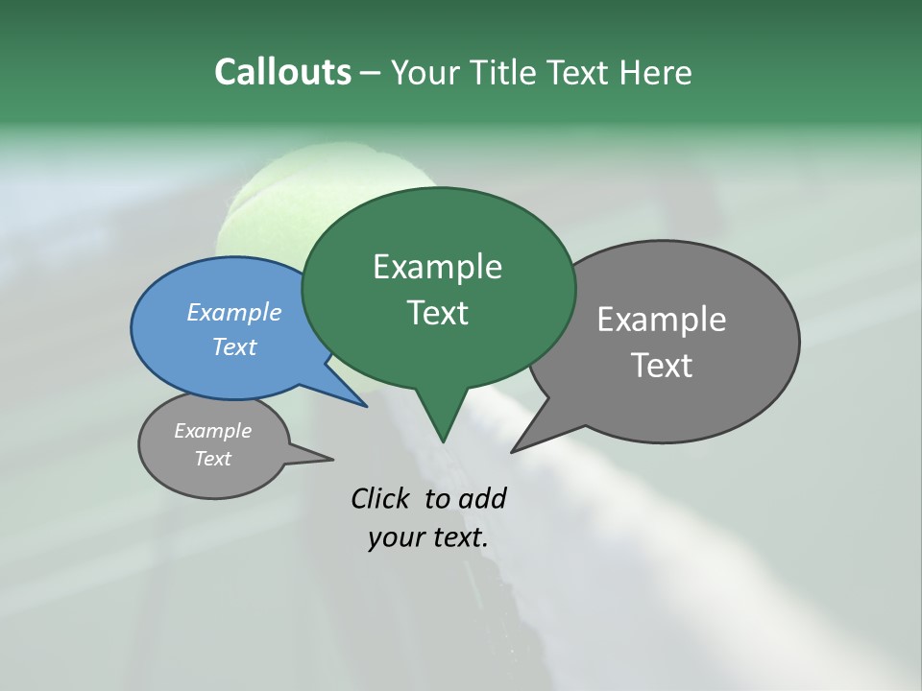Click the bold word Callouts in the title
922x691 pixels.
click(282, 72)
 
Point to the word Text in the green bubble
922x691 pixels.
click(437, 313)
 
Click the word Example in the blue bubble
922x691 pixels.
click(233, 312)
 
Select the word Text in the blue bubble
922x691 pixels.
click(233, 346)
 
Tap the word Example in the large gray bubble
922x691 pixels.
click(661, 319)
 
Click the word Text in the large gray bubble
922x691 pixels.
click(661, 365)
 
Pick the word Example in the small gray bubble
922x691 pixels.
click(212, 431)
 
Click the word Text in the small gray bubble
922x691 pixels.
click(212, 459)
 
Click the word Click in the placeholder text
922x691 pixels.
click(383, 498)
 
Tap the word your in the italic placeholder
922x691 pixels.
click(394, 537)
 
